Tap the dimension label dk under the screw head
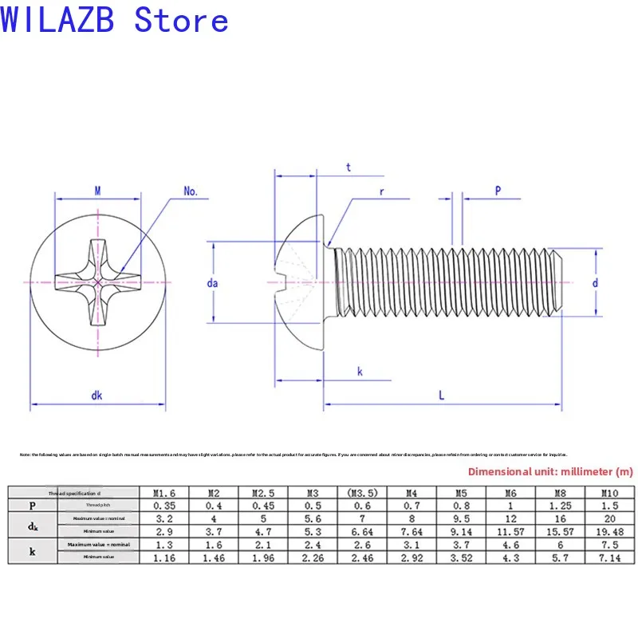click(96, 394)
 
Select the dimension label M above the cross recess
click(97, 191)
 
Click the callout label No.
click(191, 191)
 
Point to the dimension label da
click(212, 282)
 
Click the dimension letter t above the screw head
click(349, 167)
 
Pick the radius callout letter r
click(383, 192)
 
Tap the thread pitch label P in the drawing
click(498, 191)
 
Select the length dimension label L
click(442, 394)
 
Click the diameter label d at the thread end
click(596, 282)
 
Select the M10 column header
click(610, 493)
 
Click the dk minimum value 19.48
click(610, 531)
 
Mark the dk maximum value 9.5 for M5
click(462, 518)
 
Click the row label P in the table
click(32, 506)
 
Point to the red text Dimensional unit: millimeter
click(549, 471)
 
